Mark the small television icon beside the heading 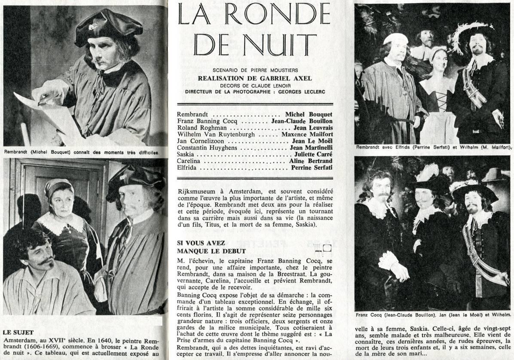click(x=323, y=247)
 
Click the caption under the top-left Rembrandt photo click(x=81, y=152)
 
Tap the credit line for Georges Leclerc click(x=255, y=92)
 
